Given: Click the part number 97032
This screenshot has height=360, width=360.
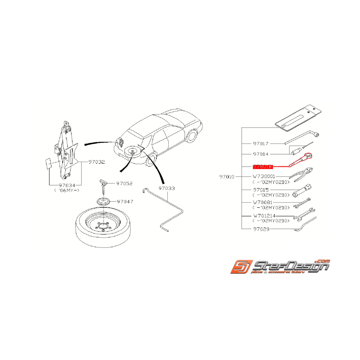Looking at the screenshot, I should pyautogui.click(x=97, y=162).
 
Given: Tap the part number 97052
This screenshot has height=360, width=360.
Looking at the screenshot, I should pyautogui.click(x=123, y=184).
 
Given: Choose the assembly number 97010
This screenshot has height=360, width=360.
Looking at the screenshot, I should pyautogui.click(x=227, y=177).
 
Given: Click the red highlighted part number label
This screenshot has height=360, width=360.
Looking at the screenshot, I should pyautogui.click(x=263, y=167).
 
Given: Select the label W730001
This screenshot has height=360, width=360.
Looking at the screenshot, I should pyautogui.click(x=264, y=176).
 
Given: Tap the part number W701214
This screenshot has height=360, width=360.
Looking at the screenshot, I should pyautogui.click(x=265, y=215).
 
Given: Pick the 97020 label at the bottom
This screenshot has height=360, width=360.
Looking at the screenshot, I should pyautogui.click(x=261, y=229).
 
